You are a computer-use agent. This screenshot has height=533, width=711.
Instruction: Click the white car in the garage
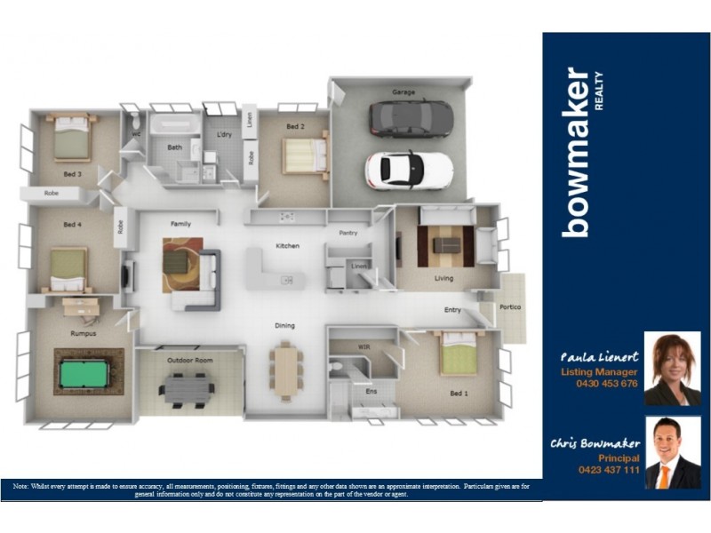408,167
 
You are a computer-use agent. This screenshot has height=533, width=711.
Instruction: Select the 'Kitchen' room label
287,245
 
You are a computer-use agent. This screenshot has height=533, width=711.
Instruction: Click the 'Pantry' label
348,233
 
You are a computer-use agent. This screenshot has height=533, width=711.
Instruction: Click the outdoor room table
188,387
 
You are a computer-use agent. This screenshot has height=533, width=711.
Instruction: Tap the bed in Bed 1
459,354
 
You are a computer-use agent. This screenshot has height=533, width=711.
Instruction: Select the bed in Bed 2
304,155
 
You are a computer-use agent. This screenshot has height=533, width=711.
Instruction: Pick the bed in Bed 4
68,268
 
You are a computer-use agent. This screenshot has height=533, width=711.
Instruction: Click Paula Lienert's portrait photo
672,369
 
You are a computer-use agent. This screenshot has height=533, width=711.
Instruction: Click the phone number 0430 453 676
607,384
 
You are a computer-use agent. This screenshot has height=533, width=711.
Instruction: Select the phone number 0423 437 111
608,469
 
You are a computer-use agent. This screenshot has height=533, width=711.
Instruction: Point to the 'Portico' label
510,307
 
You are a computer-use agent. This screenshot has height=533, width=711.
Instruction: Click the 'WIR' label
363,346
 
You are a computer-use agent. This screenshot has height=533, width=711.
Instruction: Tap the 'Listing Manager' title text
598,372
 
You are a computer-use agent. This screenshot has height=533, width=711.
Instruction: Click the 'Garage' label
403,91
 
